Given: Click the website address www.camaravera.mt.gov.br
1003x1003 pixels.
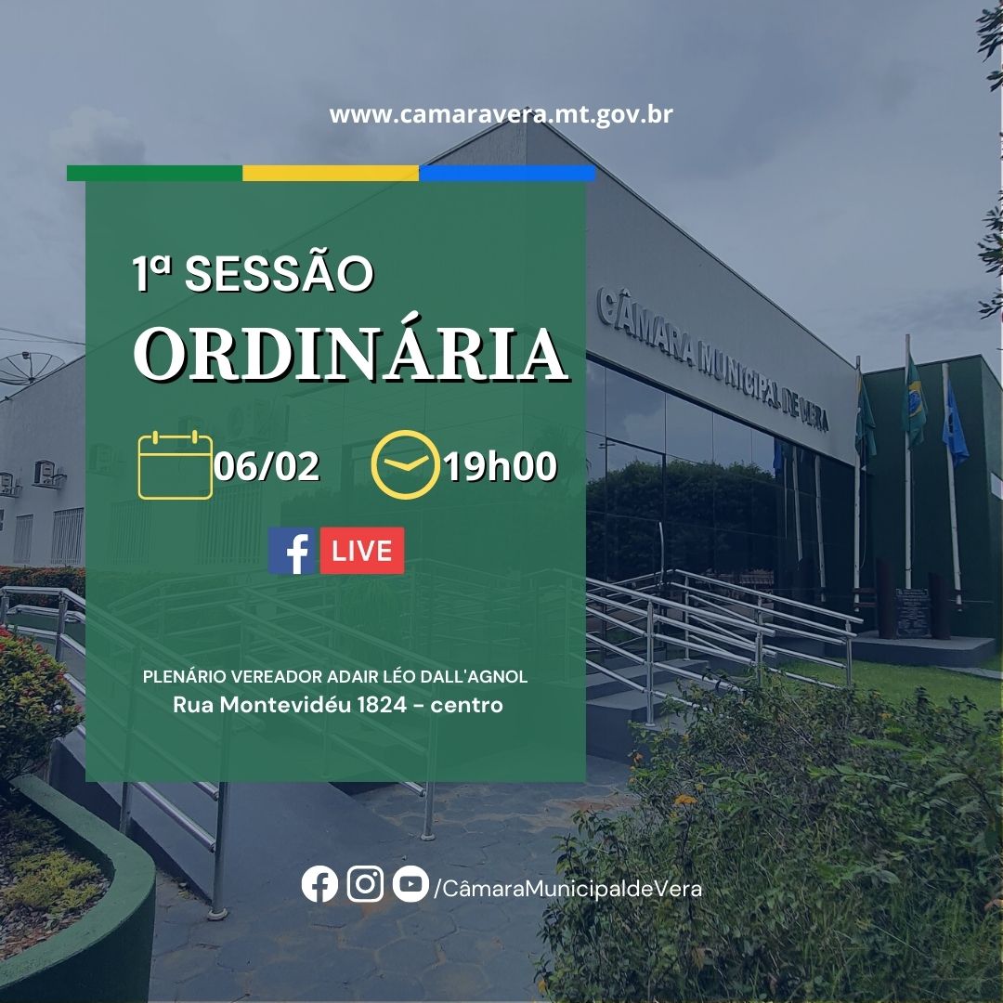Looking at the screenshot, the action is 501,115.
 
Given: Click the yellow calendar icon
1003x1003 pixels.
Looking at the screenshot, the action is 176,465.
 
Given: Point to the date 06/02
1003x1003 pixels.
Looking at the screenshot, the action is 267,465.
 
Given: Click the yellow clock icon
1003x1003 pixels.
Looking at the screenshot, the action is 406,464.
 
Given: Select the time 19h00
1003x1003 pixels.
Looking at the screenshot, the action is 501,465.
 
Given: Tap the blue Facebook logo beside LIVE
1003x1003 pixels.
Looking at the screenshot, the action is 292,551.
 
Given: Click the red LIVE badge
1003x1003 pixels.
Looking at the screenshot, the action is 362,551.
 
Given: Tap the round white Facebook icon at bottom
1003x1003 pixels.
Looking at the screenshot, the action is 319,884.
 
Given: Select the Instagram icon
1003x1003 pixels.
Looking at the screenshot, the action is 365,884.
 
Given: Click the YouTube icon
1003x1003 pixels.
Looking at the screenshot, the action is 410,884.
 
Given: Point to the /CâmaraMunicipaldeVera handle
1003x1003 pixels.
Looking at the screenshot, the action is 568,888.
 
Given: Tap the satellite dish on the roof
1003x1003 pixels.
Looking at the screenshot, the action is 30,369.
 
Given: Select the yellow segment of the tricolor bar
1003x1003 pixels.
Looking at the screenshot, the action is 331,174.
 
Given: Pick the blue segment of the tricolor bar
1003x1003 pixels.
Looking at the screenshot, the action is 507,174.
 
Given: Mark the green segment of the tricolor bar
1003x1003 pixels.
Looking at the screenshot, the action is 154,174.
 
